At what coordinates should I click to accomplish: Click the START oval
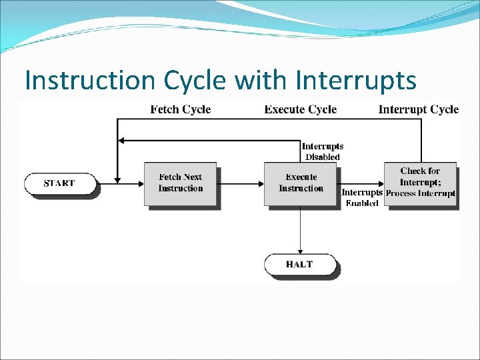(x=59, y=183)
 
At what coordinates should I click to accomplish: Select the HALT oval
(x=299, y=265)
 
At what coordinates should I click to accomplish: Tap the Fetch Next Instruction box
(x=180, y=183)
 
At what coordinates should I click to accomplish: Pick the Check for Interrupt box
(x=420, y=182)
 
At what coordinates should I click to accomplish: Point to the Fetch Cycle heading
(x=180, y=109)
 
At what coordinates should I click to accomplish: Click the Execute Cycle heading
(x=301, y=109)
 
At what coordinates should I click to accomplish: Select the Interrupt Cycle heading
(x=419, y=109)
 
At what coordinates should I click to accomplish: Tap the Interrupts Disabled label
(x=323, y=151)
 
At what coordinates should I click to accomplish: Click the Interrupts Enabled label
(x=362, y=198)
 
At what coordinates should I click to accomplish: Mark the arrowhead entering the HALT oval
(x=300, y=251)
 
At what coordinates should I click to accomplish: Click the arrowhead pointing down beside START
(x=117, y=179)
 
